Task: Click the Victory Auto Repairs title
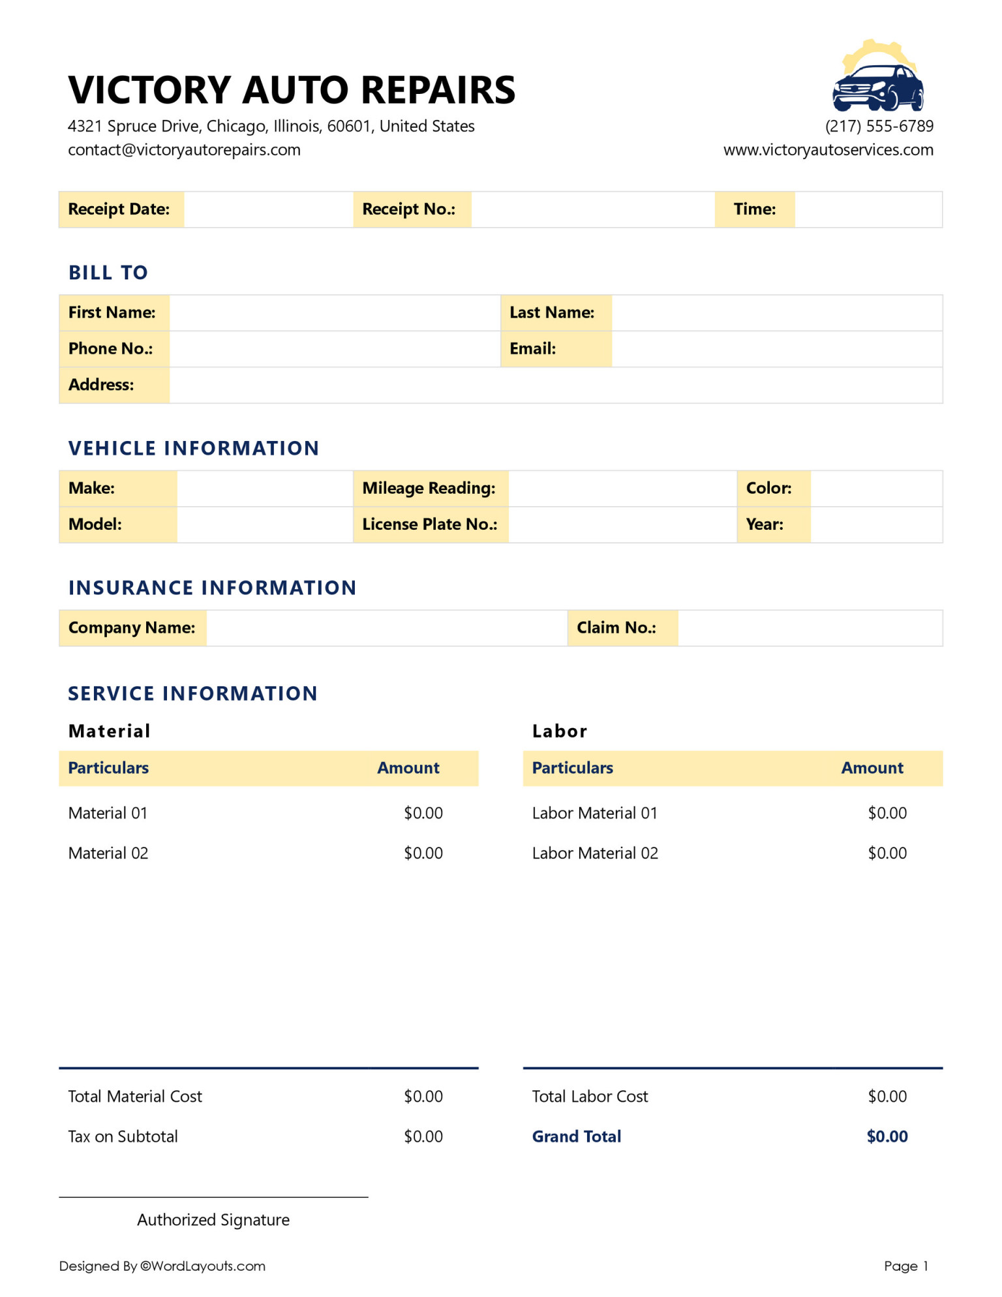pyautogui.click(x=292, y=90)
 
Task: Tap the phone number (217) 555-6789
pyautogui.click(x=879, y=126)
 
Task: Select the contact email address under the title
pyautogui.click(x=184, y=150)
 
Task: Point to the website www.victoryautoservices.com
pyautogui.click(x=828, y=150)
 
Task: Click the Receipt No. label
pyautogui.click(x=409, y=209)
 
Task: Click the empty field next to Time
pyautogui.click(x=868, y=209)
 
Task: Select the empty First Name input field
pyautogui.click(x=334, y=313)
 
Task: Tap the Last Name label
pyautogui.click(x=552, y=313)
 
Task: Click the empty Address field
pyautogui.click(x=554, y=386)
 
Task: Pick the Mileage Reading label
pyautogui.click(x=429, y=489)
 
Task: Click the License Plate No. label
pyautogui.click(x=429, y=525)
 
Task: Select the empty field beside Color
pyautogui.click(x=875, y=489)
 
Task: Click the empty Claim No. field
pyautogui.click(x=809, y=628)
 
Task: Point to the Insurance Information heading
pyautogui.click(x=212, y=588)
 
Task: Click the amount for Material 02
pyautogui.click(x=423, y=853)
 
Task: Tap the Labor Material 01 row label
pyautogui.click(x=594, y=814)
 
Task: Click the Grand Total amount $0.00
pyautogui.click(x=887, y=1137)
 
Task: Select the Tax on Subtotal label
pyautogui.click(x=123, y=1137)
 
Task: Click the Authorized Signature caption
pyautogui.click(x=213, y=1220)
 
